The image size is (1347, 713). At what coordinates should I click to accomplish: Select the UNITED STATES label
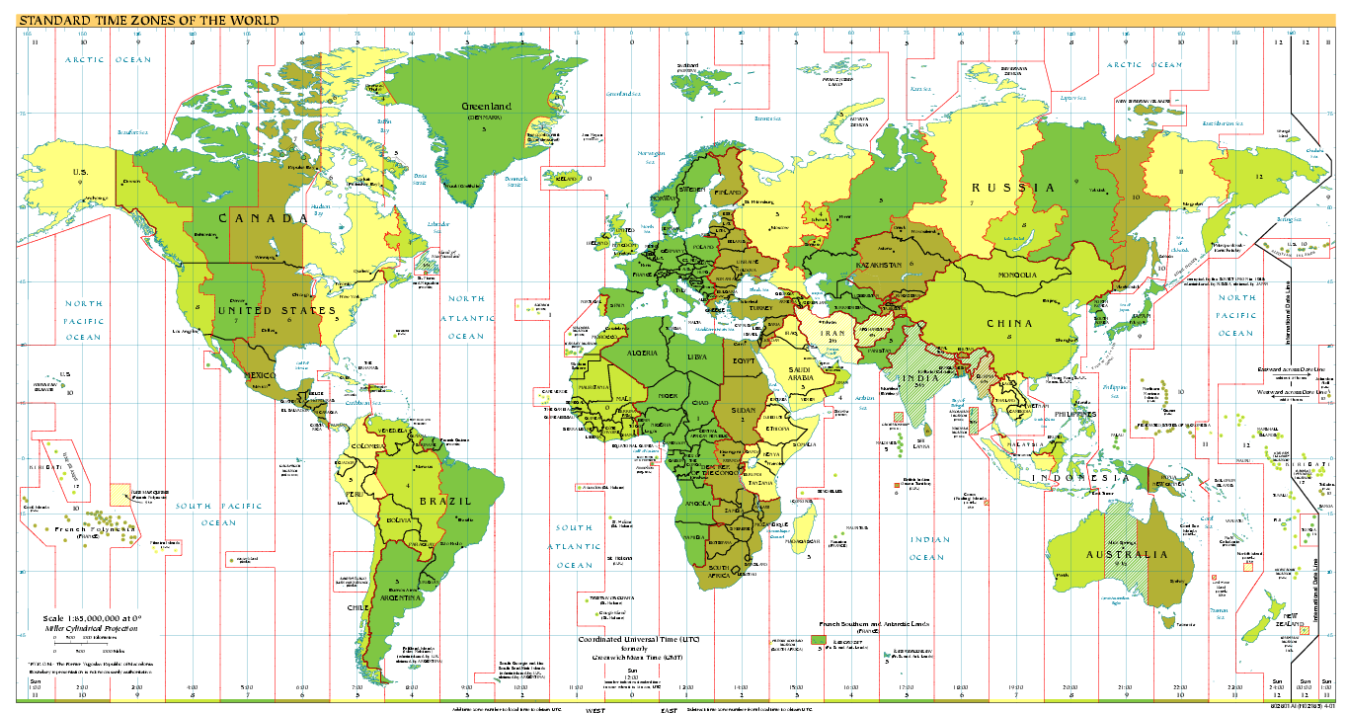click(270, 311)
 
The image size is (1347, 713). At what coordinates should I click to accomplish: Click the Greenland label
click(487, 106)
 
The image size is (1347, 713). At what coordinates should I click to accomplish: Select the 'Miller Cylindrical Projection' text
click(93, 627)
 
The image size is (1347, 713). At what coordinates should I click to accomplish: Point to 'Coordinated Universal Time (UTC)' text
click(642, 639)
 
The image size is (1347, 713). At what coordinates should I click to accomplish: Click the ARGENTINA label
click(400, 597)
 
